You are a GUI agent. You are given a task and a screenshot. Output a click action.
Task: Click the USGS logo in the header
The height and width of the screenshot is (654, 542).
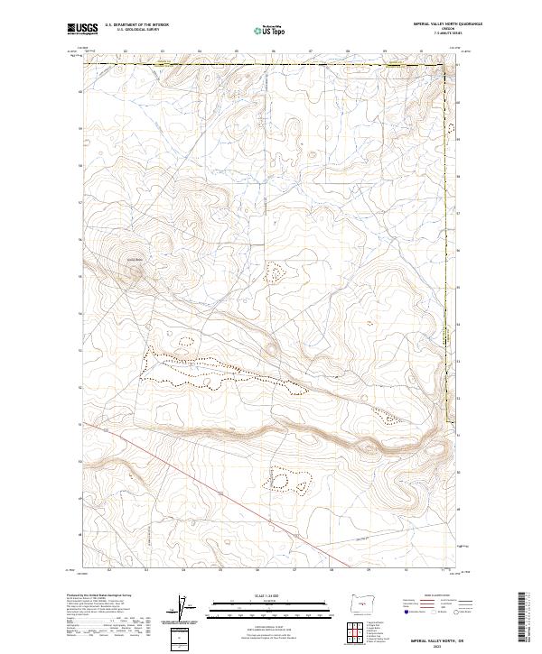point(82,29)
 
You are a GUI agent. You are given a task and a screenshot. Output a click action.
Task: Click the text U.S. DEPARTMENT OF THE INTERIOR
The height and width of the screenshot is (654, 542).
point(136,24)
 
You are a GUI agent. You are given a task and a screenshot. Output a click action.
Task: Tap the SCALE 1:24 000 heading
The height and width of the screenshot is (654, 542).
point(257,595)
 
